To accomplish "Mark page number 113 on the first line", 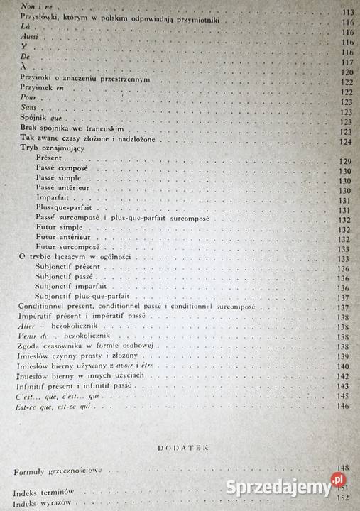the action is tap(346, 13).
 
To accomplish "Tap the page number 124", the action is tap(345, 142).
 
